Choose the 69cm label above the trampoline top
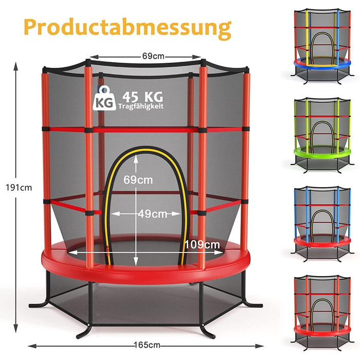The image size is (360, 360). point(148,56)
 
